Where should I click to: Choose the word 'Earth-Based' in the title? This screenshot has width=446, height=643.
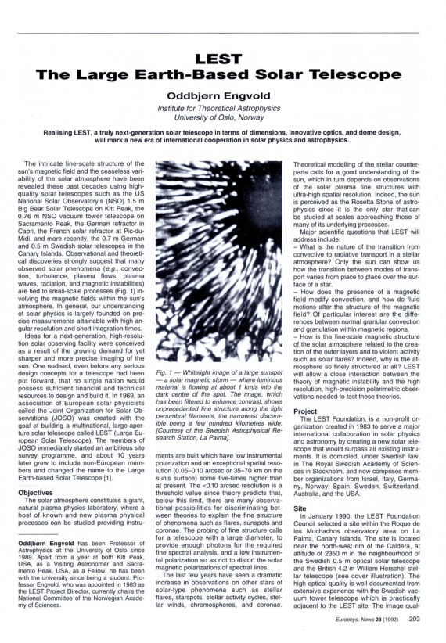click(x=185, y=74)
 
